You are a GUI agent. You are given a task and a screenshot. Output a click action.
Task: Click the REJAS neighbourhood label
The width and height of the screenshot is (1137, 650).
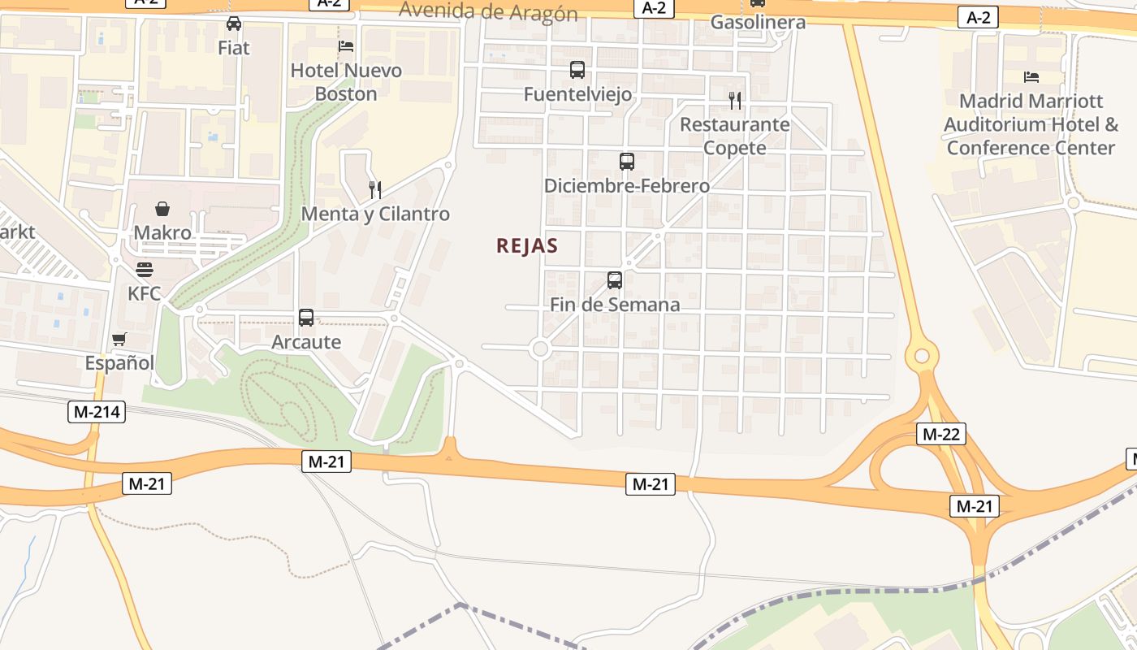click(x=527, y=246)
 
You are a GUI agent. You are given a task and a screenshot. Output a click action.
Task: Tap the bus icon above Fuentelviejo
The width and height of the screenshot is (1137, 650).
click(x=577, y=70)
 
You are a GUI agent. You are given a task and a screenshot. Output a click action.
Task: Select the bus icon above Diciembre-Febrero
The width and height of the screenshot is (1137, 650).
click(x=626, y=161)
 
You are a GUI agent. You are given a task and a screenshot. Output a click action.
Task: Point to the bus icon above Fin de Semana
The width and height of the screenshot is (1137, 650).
click(x=615, y=280)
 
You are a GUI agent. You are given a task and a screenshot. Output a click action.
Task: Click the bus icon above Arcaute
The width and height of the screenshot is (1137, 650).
click(x=306, y=318)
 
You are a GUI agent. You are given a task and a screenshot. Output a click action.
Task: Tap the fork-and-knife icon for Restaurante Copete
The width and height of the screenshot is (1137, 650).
click(x=734, y=101)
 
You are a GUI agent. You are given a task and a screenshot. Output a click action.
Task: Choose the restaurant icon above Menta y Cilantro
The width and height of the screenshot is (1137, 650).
click(x=375, y=190)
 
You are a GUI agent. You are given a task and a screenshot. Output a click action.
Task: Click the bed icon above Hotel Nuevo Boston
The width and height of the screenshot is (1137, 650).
click(x=346, y=46)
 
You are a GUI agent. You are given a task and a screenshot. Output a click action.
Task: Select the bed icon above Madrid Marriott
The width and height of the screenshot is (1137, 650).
click(x=1031, y=77)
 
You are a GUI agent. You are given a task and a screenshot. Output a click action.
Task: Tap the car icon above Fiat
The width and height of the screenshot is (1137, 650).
click(x=234, y=24)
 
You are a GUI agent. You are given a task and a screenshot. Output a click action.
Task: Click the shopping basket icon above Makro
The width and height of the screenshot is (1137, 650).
click(x=162, y=209)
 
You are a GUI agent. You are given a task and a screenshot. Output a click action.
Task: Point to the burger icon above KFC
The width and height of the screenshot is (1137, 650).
click(x=145, y=269)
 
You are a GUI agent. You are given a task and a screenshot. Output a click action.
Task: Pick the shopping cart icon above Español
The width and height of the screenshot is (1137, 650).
click(x=119, y=339)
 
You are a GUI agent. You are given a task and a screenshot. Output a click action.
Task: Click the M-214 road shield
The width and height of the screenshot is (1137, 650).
click(x=97, y=412)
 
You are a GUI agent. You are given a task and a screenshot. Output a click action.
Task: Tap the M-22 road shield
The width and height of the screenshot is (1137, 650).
click(x=941, y=434)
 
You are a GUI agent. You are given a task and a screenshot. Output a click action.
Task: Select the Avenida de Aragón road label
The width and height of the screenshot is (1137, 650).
click(x=488, y=12)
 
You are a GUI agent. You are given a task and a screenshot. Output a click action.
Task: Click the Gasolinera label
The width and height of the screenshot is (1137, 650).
click(x=758, y=22)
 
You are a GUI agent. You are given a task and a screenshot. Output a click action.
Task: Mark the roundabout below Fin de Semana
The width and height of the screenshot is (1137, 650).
click(x=540, y=349)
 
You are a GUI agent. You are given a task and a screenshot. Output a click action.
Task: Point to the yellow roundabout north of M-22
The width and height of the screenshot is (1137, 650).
click(x=921, y=356)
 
